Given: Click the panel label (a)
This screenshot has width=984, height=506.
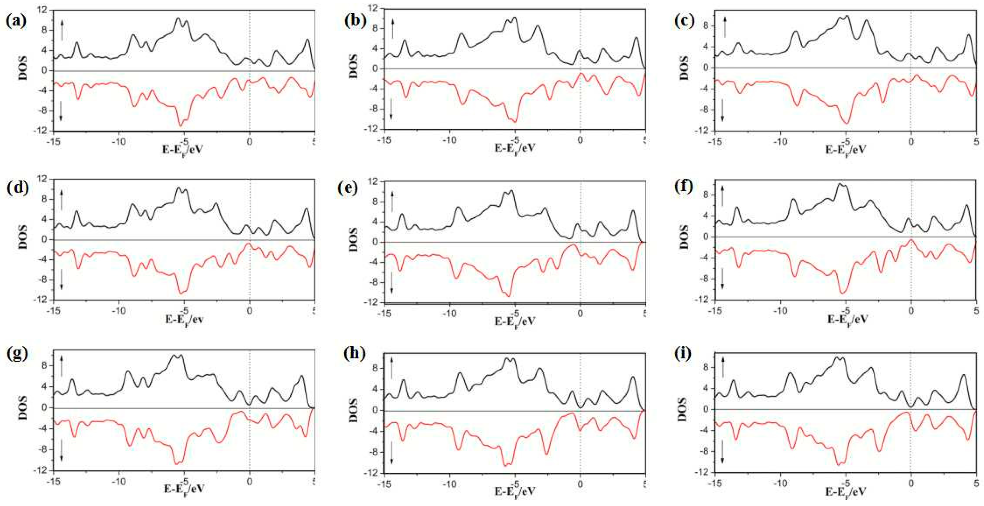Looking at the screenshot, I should (16, 21).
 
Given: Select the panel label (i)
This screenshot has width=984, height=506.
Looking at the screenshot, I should (683, 354).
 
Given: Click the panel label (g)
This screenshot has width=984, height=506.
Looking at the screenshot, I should (17, 354).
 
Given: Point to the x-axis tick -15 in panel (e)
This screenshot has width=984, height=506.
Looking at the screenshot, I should (384, 313).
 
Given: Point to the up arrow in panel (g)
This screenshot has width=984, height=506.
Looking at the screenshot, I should (61, 365).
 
